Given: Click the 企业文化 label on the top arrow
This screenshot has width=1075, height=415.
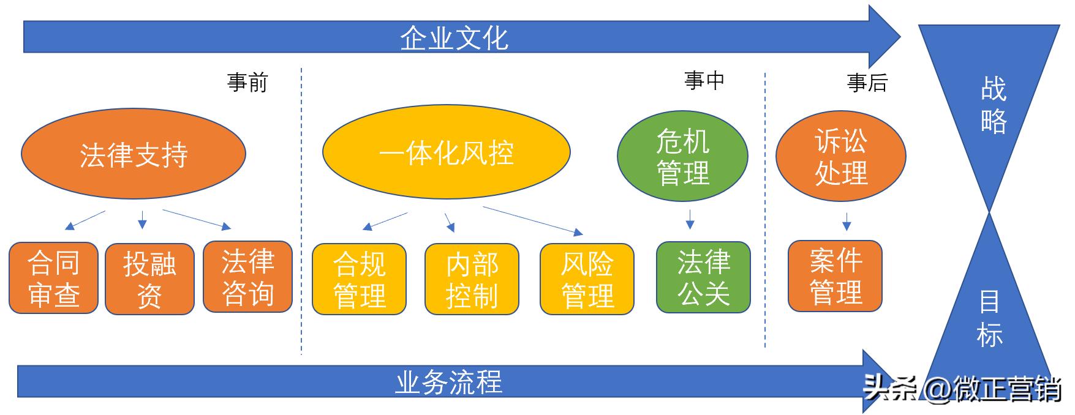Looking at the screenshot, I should click(454, 38).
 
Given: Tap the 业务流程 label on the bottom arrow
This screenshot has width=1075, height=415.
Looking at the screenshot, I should click(448, 383).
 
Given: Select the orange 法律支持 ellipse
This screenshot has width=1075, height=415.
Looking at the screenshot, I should click(134, 154).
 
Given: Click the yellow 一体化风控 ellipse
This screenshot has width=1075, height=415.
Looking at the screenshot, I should click(446, 152).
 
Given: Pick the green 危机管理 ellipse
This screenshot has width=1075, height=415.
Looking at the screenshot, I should click(682, 157).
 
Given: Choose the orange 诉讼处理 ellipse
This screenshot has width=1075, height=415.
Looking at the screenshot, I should click(840, 157).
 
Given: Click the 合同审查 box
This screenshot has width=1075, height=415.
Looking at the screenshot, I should click(54, 279).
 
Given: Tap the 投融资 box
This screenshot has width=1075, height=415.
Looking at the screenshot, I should click(149, 279).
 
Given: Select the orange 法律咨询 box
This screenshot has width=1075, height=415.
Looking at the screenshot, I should click(247, 277).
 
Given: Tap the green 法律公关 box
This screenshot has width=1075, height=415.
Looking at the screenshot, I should click(703, 277).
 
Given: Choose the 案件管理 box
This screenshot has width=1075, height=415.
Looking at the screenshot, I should click(835, 276).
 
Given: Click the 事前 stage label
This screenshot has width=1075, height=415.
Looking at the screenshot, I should click(247, 82).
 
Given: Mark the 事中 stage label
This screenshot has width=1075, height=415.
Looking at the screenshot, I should click(704, 80).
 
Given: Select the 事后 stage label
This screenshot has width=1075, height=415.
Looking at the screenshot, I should click(867, 82).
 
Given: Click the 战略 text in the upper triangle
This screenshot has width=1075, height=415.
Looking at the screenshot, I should click(993, 105).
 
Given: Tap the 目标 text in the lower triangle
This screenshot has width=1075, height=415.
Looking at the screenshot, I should click(989, 319).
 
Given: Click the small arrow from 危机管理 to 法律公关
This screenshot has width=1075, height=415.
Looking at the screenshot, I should click(690, 220).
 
